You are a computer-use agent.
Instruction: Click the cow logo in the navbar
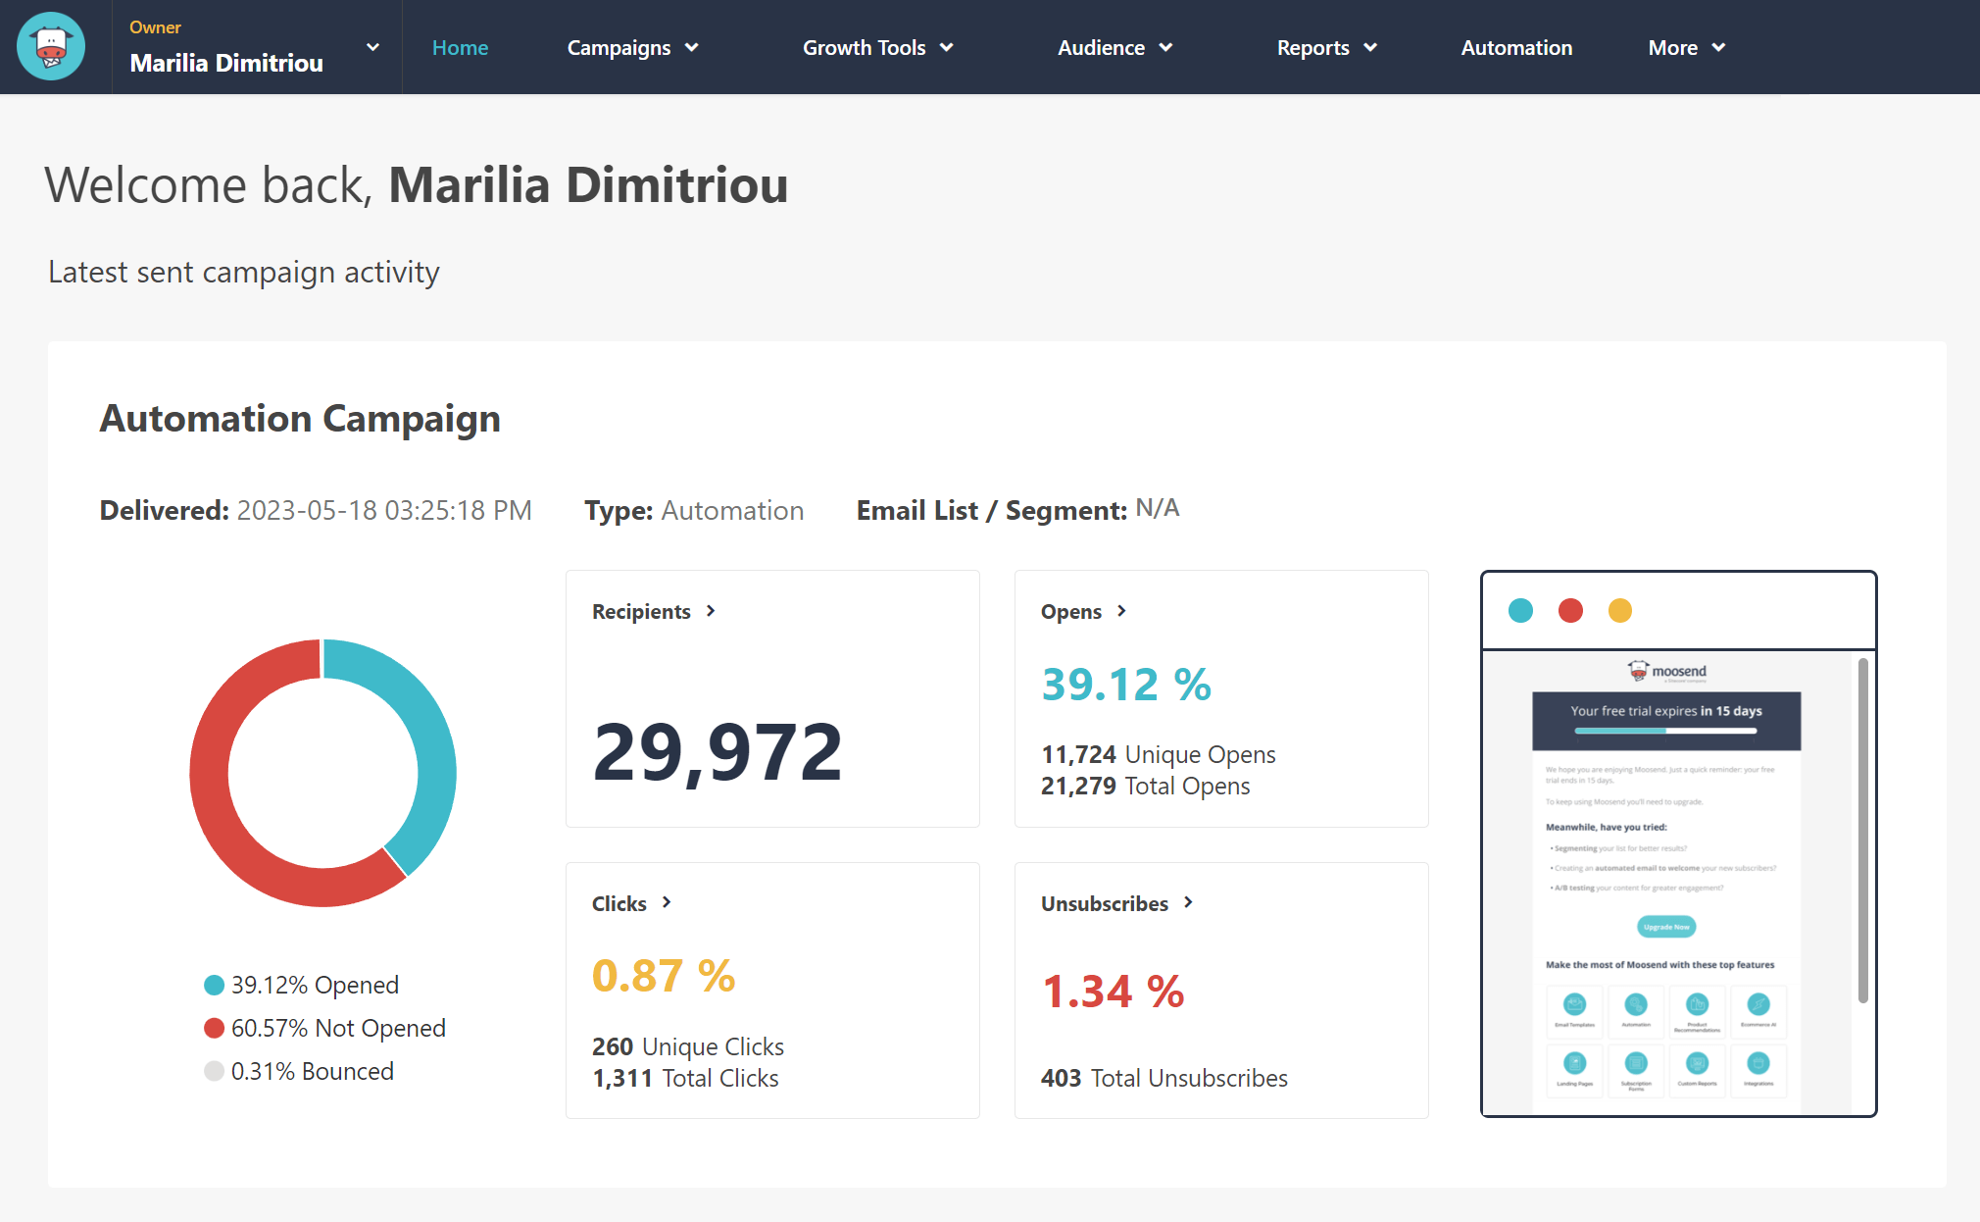click(x=51, y=47)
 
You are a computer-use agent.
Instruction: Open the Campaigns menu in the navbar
click(x=632, y=48)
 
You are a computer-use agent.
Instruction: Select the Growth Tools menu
click(x=877, y=48)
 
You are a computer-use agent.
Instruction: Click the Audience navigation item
click(x=1114, y=48)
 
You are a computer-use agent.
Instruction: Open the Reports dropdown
click(x=1326, y=48)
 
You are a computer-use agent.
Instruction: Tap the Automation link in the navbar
click(x=1516, y=48)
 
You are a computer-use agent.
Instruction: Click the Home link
click(x=460, y=48)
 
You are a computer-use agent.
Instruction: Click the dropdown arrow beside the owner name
click(x=372, y=47)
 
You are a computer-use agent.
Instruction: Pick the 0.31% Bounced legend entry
click(x=312, y=1071)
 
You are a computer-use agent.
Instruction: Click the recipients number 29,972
click(x=718, y=752)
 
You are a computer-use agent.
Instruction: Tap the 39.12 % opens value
click(x=1126, y=684)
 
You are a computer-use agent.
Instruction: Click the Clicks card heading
click(x=619, y=903)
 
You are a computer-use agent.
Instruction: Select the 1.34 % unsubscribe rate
click(x=1113, y=992)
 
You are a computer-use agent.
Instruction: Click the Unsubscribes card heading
click(x=1105, y=903)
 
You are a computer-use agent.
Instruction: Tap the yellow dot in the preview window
click(x=1619, y=611)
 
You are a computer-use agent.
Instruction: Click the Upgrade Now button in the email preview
click(x=1666, y=927)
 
